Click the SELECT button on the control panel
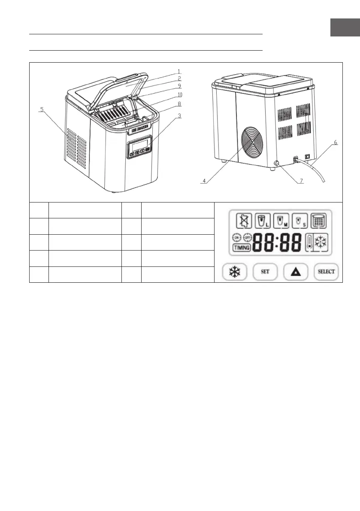(x=326, y=272)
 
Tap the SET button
(x=265, y=272)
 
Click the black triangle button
(x=296, y=272)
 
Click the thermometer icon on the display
(x=310, y=242)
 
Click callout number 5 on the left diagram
(x=42, y=109)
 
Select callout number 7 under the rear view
(x=301, y=181)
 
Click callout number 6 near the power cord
(x=335, y=143)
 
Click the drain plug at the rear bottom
(x=276, y=163)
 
